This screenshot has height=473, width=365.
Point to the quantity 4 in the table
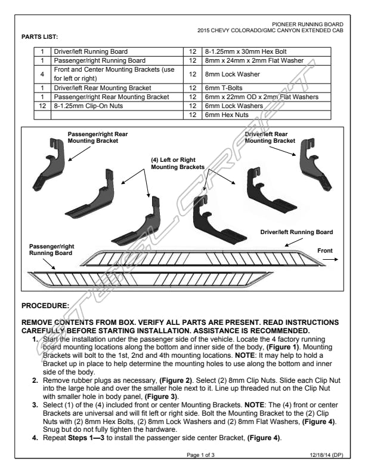tap(42, 73)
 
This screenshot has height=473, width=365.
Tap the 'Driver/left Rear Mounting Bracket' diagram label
tap(270, 137)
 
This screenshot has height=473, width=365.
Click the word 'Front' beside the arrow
tap(326, 251)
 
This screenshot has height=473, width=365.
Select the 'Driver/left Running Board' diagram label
tap(296, 232)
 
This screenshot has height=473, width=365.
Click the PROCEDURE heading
tap(45, 306)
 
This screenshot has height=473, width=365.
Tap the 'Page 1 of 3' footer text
tap(202, 455)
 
